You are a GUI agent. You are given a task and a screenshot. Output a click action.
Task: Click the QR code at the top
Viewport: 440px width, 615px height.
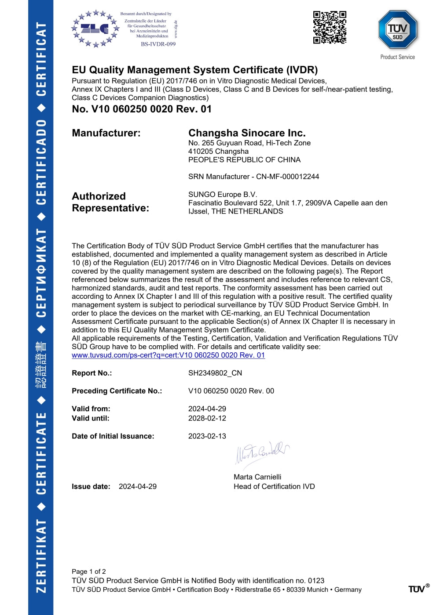pos(330,27)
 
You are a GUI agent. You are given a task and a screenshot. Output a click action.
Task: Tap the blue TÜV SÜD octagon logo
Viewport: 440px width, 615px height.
pos(397,29)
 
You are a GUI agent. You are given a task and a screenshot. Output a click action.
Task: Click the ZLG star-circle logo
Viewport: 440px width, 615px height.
pos(95,29)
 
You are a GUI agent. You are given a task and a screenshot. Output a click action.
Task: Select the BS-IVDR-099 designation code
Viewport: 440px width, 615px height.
pos(158,44)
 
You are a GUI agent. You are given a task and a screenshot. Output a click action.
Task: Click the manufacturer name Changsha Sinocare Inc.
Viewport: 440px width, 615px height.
pos(247,133)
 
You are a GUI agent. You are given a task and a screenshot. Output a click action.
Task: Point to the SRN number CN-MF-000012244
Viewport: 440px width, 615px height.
pos(287,177)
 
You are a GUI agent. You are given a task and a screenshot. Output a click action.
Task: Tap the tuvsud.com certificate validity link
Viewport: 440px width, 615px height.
pos(168,355)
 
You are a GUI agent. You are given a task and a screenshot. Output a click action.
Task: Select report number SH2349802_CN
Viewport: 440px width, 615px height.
pos(215,373)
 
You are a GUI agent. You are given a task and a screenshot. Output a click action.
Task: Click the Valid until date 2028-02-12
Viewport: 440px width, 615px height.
pos(207,418)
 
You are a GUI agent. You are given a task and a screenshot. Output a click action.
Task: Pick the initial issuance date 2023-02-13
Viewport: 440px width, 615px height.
pos(207,436)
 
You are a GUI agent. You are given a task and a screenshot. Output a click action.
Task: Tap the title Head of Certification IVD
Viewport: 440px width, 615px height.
pos(274,487)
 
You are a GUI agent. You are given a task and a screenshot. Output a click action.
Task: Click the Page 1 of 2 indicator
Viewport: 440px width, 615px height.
pos(89,572)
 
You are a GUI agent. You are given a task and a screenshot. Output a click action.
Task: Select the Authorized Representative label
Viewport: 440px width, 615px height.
pos(110,202)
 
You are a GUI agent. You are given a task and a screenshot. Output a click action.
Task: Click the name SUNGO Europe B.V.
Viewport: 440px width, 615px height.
pos(223,195)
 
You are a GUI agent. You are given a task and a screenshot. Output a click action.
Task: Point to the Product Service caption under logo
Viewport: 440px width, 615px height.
pos(397,57)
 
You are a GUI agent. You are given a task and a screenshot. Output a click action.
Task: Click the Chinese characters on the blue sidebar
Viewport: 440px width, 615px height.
pos(41,365)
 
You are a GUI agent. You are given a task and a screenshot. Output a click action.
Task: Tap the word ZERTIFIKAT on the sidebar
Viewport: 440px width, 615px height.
pos(41,556)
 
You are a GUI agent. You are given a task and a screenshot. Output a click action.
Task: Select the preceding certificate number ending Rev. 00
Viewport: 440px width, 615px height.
pos(231,391)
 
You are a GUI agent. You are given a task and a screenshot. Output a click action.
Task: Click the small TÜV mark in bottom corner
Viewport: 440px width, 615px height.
pos(418,589)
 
